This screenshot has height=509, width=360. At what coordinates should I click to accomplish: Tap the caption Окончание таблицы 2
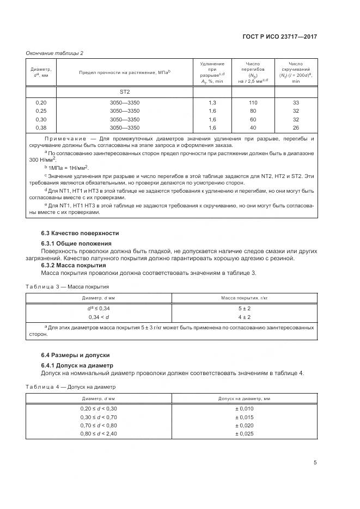[54, 53]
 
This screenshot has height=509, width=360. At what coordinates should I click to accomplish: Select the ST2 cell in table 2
[125, 91]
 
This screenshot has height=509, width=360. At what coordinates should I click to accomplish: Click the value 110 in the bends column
[253, 102]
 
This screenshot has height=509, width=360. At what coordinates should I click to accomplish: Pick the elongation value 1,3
[212, 102]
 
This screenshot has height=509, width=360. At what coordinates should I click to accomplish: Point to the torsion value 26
[296, 127]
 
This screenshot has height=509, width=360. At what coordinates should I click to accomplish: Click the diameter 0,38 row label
[41, 127]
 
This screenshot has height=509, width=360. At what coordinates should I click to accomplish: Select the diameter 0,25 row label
[41, 111]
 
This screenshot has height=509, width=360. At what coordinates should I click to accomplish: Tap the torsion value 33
[296, 102]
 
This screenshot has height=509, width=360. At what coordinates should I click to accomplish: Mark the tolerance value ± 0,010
[245, 408]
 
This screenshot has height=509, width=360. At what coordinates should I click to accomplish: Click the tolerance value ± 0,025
[245, 433]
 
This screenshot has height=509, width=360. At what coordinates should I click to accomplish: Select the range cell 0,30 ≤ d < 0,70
[99, 416]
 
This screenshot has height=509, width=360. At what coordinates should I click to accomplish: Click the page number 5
[315, 463]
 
